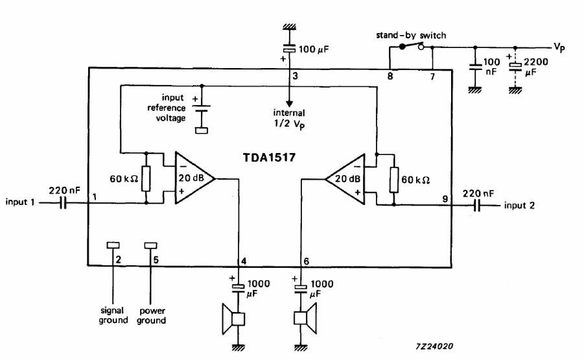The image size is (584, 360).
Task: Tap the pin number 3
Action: point(295,77)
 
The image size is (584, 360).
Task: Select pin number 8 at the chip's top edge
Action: point(389,77)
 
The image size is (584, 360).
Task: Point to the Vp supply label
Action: point(561,47)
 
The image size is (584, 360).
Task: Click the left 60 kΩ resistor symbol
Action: point(146,178)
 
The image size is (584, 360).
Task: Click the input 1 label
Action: point(20,203)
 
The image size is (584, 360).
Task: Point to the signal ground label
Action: point(113,315)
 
